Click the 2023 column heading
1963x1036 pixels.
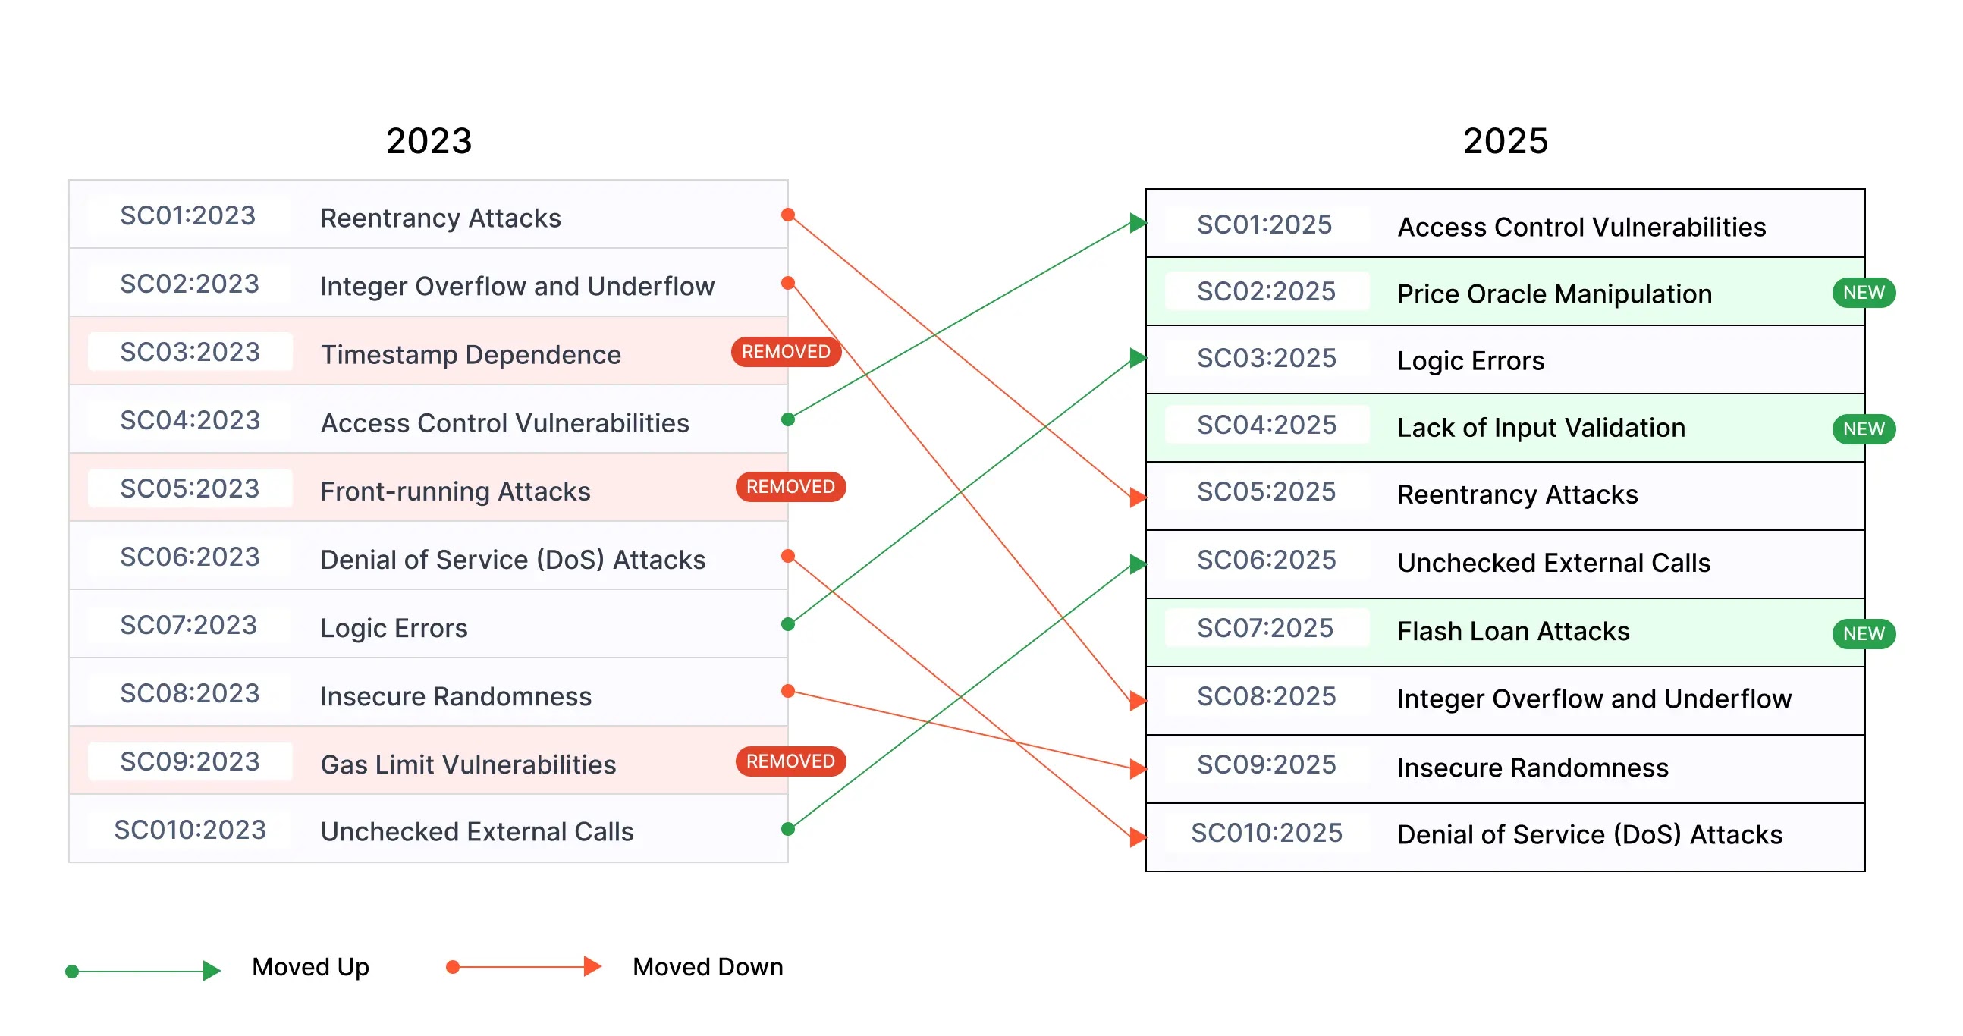coord(429,141)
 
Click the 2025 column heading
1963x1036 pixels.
coord(1505,141)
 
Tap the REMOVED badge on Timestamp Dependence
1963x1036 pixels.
coord(786,352)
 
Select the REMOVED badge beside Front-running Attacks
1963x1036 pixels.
coord(790,487)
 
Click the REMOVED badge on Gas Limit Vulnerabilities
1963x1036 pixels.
coord(790,761)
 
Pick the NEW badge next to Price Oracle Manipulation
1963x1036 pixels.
coord(1863,293)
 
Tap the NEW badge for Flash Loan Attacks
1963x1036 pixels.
coord(1863,634)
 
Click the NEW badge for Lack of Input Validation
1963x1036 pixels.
coord(1863,429)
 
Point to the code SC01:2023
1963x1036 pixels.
coord(188,215)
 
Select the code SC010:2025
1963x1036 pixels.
coord(1267,833)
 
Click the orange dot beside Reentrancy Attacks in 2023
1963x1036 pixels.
coord(788,215)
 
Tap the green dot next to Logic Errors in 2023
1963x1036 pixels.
coord(788,625)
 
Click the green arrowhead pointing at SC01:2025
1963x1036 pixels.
coord(1138,223)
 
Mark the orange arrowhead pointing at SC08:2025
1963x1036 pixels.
coord(1138,700)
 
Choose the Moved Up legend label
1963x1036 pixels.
coord(310,967)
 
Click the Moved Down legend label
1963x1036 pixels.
coord(707,967)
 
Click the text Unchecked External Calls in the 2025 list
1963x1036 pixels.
coord(1553,563)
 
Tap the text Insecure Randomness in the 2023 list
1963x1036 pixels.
coord(456,696)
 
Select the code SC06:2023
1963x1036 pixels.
coord(190,557)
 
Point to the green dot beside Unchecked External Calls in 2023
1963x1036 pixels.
coord(788,829)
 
